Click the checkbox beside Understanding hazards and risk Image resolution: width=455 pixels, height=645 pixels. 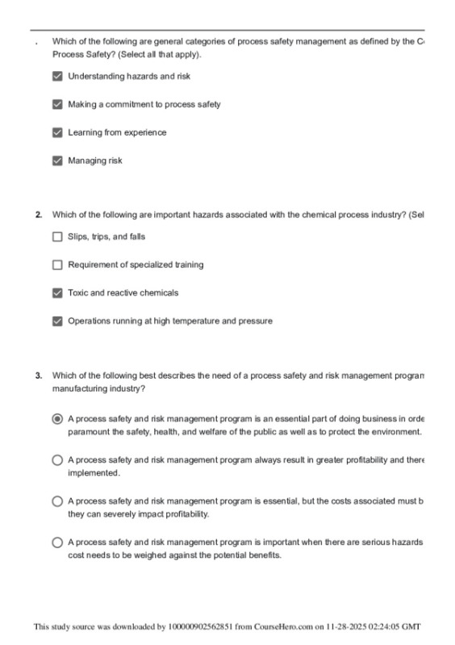[x=56, y=77]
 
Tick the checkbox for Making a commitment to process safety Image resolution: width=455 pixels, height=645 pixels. [x=56, y=104]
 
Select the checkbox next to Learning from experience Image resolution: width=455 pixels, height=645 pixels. [x=56, y=132]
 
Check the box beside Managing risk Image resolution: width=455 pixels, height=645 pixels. [x=56, y=161]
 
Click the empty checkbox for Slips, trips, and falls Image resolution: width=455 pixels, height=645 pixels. [x=56, y=237]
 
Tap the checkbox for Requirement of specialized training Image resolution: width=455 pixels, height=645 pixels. [x=56, y=265]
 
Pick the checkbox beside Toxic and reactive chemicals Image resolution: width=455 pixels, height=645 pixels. [x=56, y=293]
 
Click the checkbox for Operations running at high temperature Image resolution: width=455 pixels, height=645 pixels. [x=56, y=321]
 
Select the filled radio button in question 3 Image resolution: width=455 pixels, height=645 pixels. [x=56, y=419]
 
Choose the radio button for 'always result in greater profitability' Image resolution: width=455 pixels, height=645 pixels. [x=56, y=460]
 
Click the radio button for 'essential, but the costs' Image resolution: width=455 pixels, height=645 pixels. [x=56, y=501]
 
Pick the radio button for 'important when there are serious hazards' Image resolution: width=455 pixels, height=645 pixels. [x=56, y=543]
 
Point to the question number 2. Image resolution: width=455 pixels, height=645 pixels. [x=38, y=215]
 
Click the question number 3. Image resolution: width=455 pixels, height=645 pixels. [x=38, y=375]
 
